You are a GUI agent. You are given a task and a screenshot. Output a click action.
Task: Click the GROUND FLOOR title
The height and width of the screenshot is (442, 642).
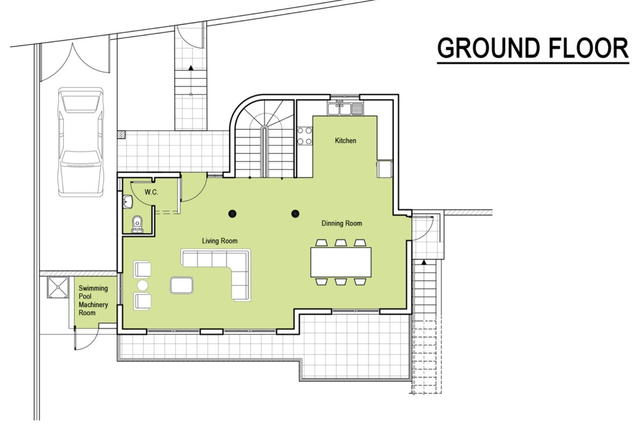tap(533, 48)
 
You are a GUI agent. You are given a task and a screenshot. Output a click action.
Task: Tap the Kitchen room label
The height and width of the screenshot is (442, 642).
tap(346, 140)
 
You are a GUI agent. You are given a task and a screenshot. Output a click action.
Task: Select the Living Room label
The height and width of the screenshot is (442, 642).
tap(220, 241)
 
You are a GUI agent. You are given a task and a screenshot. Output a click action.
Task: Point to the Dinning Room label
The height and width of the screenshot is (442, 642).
tap(342, 223)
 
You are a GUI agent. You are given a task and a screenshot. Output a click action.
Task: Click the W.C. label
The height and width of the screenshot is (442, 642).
tap(151, 192)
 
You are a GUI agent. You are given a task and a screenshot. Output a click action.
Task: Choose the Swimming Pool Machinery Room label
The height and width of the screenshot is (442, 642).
tap(93, 300)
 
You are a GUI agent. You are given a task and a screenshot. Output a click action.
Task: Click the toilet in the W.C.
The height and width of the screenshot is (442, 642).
tap(137, 224)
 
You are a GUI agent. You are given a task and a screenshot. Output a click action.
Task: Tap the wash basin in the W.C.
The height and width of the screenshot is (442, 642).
tap(127, 201)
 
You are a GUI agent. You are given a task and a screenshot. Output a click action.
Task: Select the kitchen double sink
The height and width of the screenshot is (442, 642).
tap(346, 109)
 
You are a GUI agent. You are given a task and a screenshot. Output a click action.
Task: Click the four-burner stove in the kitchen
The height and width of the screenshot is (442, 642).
tap(304, 136)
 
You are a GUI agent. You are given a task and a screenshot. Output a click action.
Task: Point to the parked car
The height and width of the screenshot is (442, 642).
tap(81, 142)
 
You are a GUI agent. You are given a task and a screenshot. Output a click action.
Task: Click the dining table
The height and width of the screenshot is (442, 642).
tap(341, 262)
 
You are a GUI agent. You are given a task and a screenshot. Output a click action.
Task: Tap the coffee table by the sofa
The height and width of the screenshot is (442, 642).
tap(182, 285)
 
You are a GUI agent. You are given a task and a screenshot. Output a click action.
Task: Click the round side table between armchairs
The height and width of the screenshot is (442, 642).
tap(142, 285)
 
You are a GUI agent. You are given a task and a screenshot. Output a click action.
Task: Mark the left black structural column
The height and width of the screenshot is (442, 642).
tap(232, 214)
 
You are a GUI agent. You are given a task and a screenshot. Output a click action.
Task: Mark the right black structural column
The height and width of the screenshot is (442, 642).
tap(295, 214)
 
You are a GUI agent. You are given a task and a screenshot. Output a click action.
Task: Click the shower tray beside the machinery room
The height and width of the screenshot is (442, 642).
tap(58, 287)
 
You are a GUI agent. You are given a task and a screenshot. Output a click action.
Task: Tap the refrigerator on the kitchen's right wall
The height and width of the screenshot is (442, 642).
tap(385, 169)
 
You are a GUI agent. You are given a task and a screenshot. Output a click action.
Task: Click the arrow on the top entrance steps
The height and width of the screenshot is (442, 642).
tap(190, 68)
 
